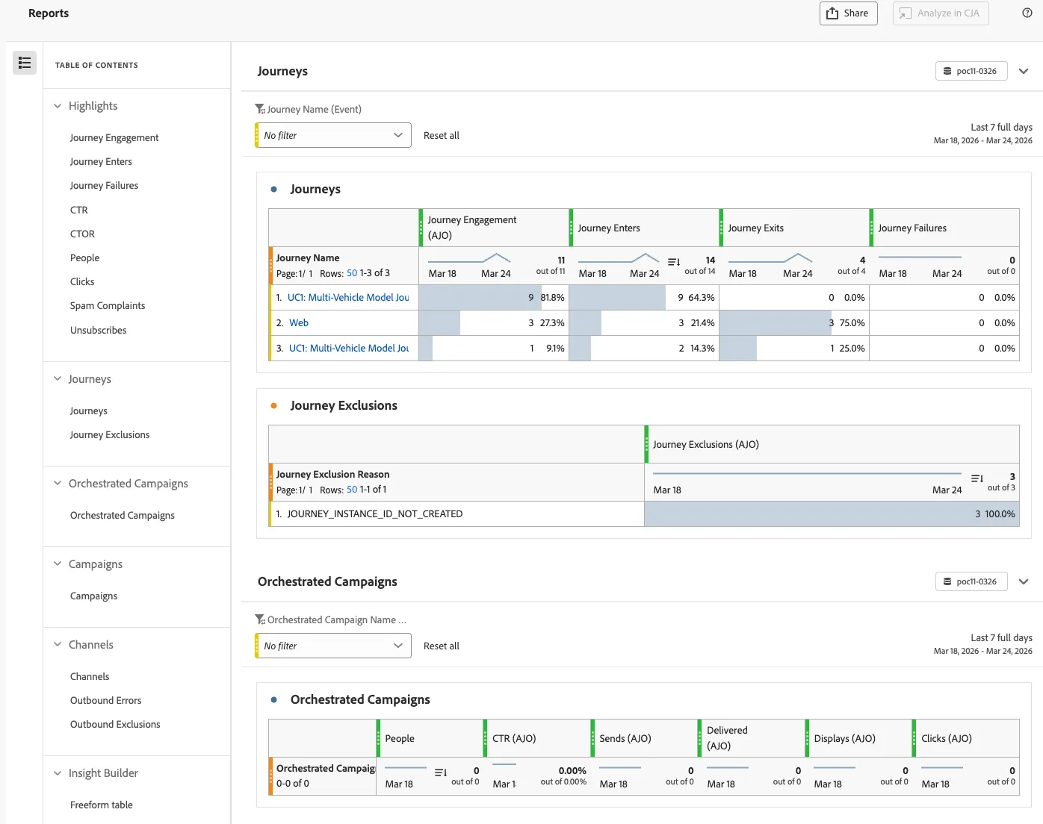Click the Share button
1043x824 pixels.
[848, 13]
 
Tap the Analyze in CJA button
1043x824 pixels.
[940, 13]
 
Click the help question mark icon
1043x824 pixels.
[1027, 13]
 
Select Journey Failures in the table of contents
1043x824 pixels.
[104, 185]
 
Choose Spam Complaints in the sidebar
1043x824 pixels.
[107, 305]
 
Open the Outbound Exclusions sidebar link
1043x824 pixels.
[115, 724]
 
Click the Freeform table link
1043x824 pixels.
[102, 805]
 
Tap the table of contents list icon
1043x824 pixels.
[25, 63]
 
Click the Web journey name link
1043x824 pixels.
[299, 322]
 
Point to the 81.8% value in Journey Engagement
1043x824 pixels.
[553, 297]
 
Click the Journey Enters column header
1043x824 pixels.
[609, 228]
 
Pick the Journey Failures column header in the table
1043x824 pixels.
[912, 228]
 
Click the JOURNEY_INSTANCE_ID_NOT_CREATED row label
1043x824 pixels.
[374, 514]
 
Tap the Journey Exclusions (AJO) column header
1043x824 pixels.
[706, 444]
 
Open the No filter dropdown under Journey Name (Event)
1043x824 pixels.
[333, 135]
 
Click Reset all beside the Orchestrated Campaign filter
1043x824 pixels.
[441, 646]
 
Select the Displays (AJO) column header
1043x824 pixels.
[844, 738]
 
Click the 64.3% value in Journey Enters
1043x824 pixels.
[702, 297]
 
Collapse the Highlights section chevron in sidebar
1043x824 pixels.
[58, 105]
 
